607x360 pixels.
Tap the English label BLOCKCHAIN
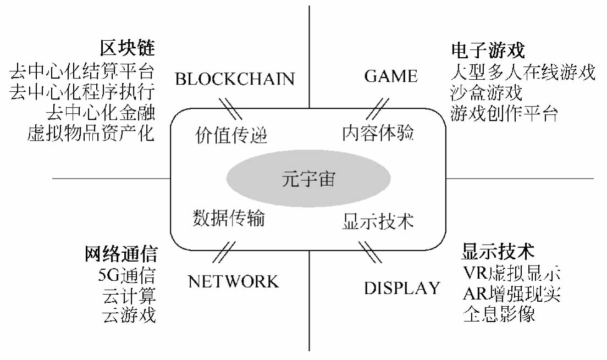coord(235,79)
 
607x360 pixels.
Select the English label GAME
coord(391,76)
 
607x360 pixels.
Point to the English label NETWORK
coord(233,282)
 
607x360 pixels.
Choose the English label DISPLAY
coord(402,288)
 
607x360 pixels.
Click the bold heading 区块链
coord(128,48)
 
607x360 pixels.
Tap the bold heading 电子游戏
coord(488,51)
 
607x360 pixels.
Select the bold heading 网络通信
coord(122,254)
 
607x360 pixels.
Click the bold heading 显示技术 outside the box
coord(498,252)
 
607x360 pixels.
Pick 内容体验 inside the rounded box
coord(378,133)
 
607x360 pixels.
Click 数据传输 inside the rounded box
coord(229,218)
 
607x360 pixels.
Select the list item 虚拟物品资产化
coord(91,133)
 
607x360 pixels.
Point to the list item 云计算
coord(129,295)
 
